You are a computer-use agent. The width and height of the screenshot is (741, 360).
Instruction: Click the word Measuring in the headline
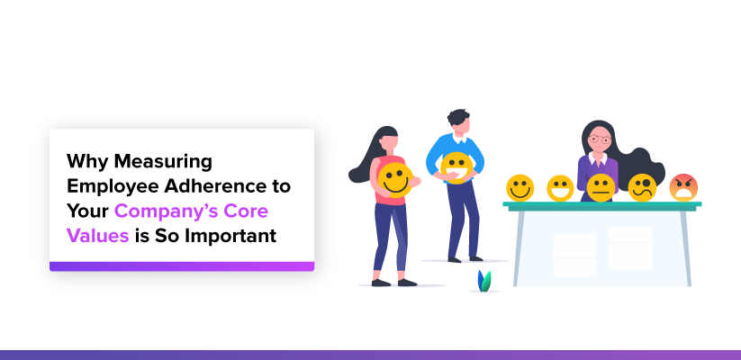click(163, 162)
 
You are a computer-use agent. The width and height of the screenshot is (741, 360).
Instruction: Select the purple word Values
click(98, 235)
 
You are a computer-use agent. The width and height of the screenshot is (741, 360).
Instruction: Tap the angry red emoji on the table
click(683, 187)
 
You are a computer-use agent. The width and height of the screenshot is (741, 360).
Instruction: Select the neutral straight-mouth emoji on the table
click(601, 187)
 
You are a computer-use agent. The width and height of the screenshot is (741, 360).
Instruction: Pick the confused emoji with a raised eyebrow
click(642, 187)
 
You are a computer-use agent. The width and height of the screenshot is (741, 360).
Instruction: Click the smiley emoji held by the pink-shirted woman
click(395, 179)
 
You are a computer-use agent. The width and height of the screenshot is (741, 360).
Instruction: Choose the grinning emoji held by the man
click(456, 167)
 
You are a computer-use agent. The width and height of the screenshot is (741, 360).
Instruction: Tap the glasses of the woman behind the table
click(600, 139)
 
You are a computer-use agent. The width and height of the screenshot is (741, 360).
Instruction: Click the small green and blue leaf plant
click(483, 281)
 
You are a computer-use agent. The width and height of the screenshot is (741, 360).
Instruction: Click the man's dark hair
click(457, 117)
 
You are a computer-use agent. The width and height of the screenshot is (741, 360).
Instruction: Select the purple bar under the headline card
click(182, 266)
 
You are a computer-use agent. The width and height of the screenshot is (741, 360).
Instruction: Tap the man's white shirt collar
click(459, 139)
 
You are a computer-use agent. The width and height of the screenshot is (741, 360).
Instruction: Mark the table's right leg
click(686, 248)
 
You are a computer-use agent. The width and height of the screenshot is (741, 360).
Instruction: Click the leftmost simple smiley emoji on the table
click(520, 187)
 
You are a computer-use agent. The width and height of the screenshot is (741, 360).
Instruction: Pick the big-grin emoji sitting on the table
click(560, 188)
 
